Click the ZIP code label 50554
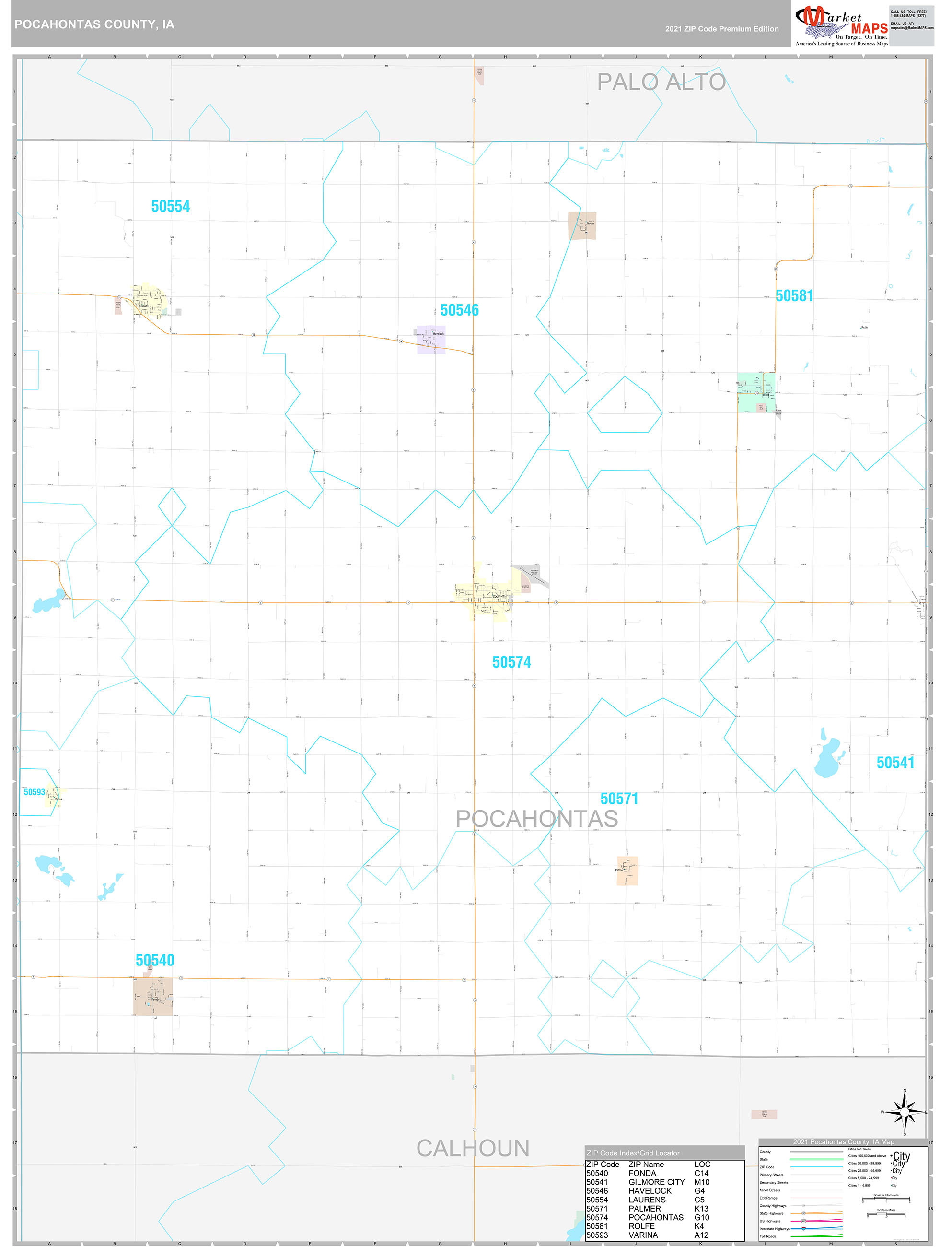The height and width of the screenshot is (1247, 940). [x=170, y=206]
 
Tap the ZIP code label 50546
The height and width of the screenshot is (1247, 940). [x=459, y=310]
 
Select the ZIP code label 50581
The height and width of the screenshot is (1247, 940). [x=794, y=295]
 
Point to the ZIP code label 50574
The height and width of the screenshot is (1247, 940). [x=511, y=662]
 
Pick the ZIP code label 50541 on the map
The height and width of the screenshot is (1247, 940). [x=895, y=762]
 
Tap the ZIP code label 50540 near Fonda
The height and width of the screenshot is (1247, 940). [x=155, y=960]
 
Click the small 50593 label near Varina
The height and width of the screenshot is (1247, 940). [x=35, y=792]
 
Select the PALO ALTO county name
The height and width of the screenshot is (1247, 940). [x=661, y=82]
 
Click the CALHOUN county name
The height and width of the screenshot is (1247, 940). [x=473, y=1148]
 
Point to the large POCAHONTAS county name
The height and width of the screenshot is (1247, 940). [x=536, y=819]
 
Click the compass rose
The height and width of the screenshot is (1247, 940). [x=905, y=1112]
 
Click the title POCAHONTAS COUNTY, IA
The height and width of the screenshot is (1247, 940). [x=94, y=24]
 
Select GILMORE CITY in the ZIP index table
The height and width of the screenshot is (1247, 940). [x=656, y=1182]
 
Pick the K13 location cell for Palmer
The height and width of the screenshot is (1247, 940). [x=701, y=1209]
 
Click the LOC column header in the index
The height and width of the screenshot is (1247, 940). [x=702, y=1164]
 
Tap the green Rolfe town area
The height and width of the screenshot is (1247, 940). [x=755, y=391]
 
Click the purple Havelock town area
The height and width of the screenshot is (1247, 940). [x=431, y=340]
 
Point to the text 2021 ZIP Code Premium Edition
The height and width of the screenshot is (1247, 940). [x=721, y=29]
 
